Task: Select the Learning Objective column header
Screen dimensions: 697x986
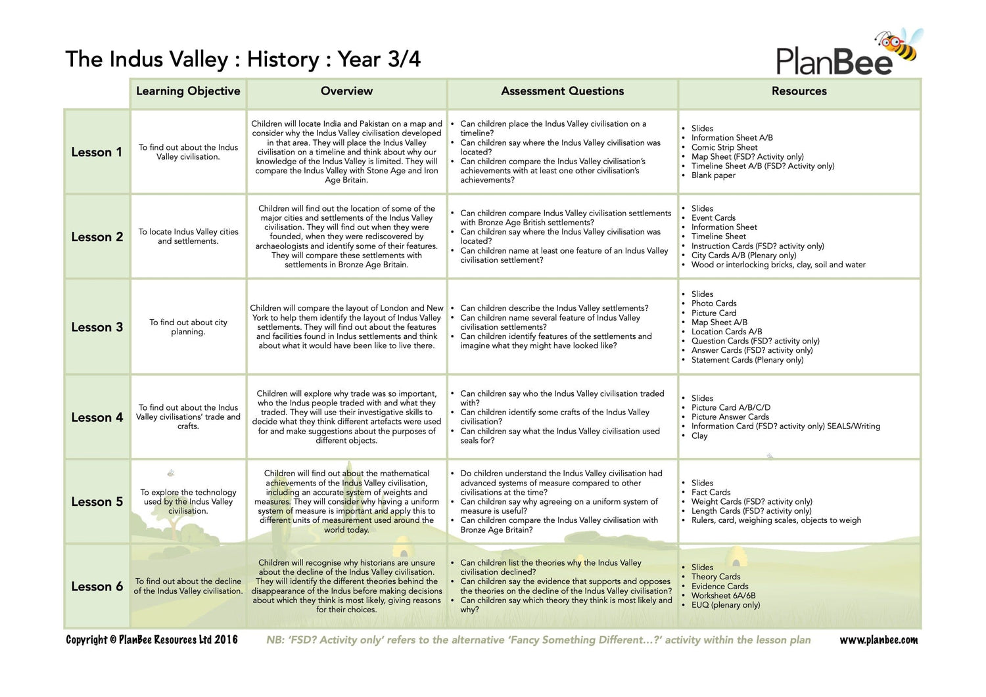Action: tap(188, 91)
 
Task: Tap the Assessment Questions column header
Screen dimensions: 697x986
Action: tap(562, 91)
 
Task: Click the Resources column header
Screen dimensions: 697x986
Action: tap(799, 91)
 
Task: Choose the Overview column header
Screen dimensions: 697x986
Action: tap(346, 91)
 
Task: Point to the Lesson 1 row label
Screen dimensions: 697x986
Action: tap(97, 152)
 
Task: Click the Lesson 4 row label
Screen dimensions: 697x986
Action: tap(97, 418)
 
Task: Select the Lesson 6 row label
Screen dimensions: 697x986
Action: tap(97, 587)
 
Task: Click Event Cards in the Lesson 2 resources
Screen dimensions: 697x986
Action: tap(713, 218)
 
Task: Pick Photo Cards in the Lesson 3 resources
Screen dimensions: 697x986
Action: tap(713, 304)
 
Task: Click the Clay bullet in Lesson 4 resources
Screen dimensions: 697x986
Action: tap(699, 436)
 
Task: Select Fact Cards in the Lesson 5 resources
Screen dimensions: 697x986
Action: tap(711, 492)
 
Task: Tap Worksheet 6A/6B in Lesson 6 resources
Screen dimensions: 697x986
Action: tap(723, 596)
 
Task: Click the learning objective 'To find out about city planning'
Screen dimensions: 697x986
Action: tap(188, 327)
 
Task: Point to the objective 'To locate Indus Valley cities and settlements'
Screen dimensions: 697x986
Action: tap(188, 236)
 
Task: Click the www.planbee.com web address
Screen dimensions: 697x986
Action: tap(878, 640)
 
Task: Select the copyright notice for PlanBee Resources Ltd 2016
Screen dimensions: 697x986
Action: tap(152, 640)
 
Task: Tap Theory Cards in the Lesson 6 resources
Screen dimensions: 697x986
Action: tap(715, 577)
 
